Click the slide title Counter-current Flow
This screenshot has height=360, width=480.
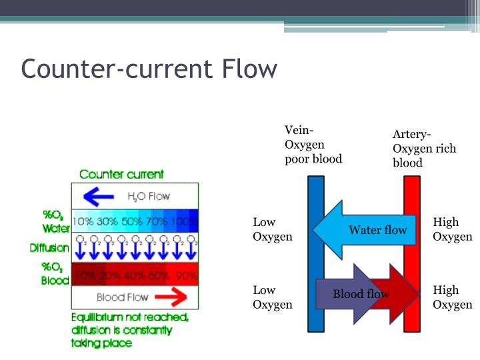coord(149,69)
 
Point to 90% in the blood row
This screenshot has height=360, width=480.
coord(187,275)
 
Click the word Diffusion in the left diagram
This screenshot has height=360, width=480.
coord(49,248)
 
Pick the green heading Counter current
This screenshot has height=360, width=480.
coord(121,175)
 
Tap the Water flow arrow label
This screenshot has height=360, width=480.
coord(377,230)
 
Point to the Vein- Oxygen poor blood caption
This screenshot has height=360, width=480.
coord(313,144)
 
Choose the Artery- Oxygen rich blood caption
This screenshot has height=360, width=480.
coord(424,149)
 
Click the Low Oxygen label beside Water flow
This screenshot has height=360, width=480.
coord(273,229)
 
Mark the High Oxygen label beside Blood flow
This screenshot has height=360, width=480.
coord(452,297)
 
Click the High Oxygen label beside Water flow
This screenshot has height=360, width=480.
coord(452,229)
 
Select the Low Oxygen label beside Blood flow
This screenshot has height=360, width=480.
coord(273,297)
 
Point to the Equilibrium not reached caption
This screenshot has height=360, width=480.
coord(130,330)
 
